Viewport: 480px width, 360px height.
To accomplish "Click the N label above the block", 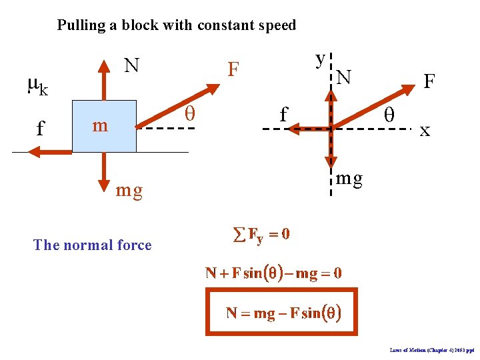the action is pyautogui.click(x=132, y=65).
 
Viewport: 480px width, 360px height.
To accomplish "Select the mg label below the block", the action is pyautogui.click(x=129, y=191).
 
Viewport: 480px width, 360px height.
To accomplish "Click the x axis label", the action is pyautogui.click(x=425, y=131).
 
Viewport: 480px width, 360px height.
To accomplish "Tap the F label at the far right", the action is pyautogui.click(x=429, y=82).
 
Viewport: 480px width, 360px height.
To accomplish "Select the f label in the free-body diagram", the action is pyautogui.click(x=283, y=115).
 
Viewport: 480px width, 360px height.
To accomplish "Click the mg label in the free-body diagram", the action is pyautogui.click(x=349, y=178).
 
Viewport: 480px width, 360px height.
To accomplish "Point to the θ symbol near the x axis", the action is pyautogui.click(x=389, y=115).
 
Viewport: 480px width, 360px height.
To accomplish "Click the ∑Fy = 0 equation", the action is pyautogui.click(x=259, y=235).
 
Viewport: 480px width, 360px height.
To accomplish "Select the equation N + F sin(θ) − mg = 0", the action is pyautogui.click(x=273, y=273).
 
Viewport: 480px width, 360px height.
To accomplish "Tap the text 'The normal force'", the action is pyautogui.click(x=92, y=245).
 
